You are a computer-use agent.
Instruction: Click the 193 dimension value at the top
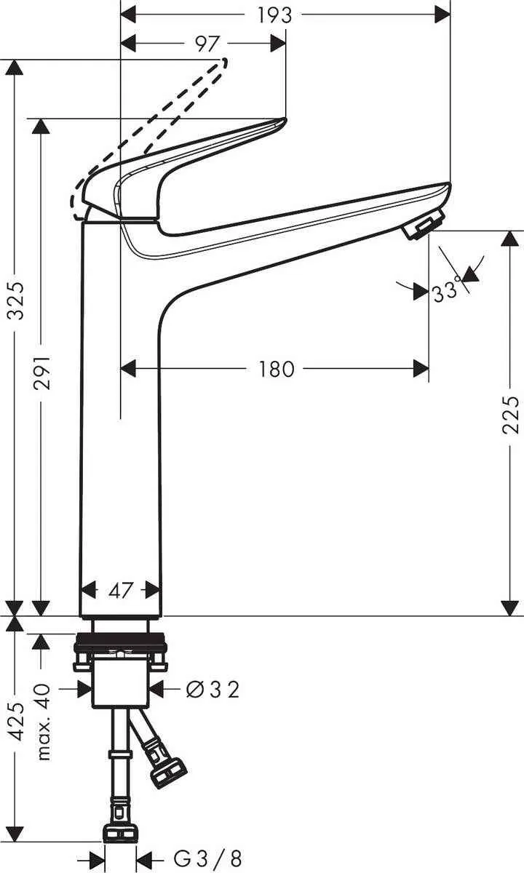pyautogui.click(x=275, y=15)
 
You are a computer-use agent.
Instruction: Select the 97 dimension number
pyautogui.click(x=208, y=44)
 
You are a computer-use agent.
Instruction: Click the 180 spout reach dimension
pyautogui.click(x=277, y=370)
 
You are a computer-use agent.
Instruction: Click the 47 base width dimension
pyautogui.click(x=120, y=590)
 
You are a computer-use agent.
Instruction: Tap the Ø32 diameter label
pyautogui.click(x=213, y=687)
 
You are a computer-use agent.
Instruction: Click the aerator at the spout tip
pyautogui.click(x=421, y=226)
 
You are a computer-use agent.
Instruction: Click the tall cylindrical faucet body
pyautogui.click(x=120, y=436)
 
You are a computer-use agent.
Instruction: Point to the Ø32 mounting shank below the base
pyautogui.click(x=120, y=687)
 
